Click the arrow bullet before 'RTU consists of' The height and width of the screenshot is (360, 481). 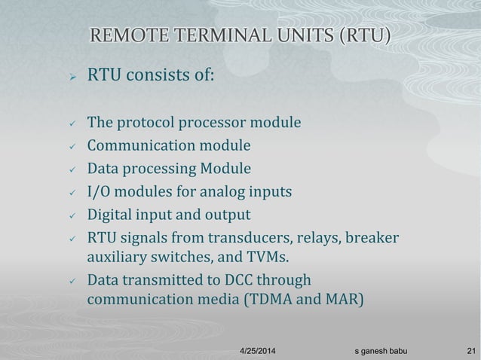point(66,75)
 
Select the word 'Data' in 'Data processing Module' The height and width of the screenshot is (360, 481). point(103,169)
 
